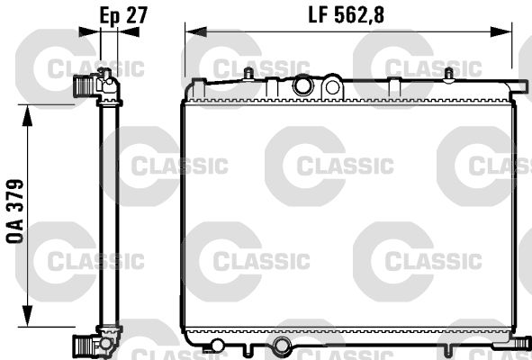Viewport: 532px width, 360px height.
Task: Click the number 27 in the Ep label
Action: (x=136, y=15)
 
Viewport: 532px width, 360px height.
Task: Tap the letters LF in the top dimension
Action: (x=319, y=15)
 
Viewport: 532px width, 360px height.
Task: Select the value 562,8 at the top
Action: (x=359, y=15)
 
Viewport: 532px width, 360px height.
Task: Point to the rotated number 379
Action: (x=15, y=195)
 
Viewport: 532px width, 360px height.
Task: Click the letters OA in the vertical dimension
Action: (x=15, y=230)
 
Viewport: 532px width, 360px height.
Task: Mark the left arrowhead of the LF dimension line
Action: (x=195, y=31)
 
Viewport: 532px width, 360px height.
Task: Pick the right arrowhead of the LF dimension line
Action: (x=501, y=31)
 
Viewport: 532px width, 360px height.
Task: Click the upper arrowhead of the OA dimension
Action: (x=28, y=115)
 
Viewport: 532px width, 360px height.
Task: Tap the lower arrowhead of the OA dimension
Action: (x=28, y=316)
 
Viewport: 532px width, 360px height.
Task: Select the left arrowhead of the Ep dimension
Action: (x=89, y=31)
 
